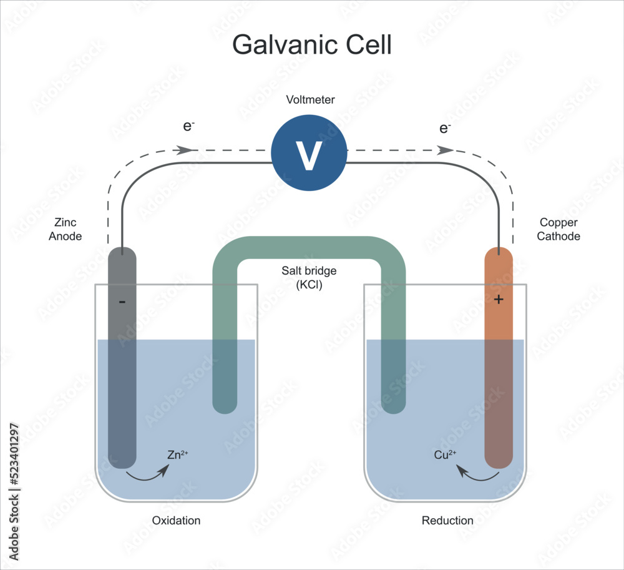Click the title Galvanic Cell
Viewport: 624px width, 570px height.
[311, 46]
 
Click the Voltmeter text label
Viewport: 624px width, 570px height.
[310, 100]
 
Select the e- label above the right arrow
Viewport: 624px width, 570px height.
[445, 129]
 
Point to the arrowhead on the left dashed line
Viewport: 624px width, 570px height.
[185, 150]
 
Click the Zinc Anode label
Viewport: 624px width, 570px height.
[66, 230]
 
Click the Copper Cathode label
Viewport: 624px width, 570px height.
[558, 230]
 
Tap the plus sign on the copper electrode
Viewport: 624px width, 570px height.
[498, 300]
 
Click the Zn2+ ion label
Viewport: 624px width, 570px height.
[177, 455]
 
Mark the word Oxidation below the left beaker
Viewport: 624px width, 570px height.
[176, 520]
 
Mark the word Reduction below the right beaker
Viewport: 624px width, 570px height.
[447, 520]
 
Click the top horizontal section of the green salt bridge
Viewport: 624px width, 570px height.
[309, 248]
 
